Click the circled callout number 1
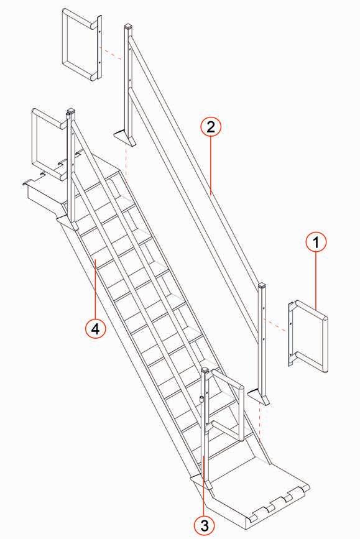tap(316, 242)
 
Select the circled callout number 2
tap(211, 127)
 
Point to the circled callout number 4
tap(95, 329)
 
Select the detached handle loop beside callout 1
tap(325, 337)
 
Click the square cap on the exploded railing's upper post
tap(128, 27)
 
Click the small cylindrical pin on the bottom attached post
tap(201, 399)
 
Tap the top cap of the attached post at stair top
tap(70, 111)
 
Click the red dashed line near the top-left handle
tap(111, 55)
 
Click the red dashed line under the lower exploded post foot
tap(260, 423)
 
